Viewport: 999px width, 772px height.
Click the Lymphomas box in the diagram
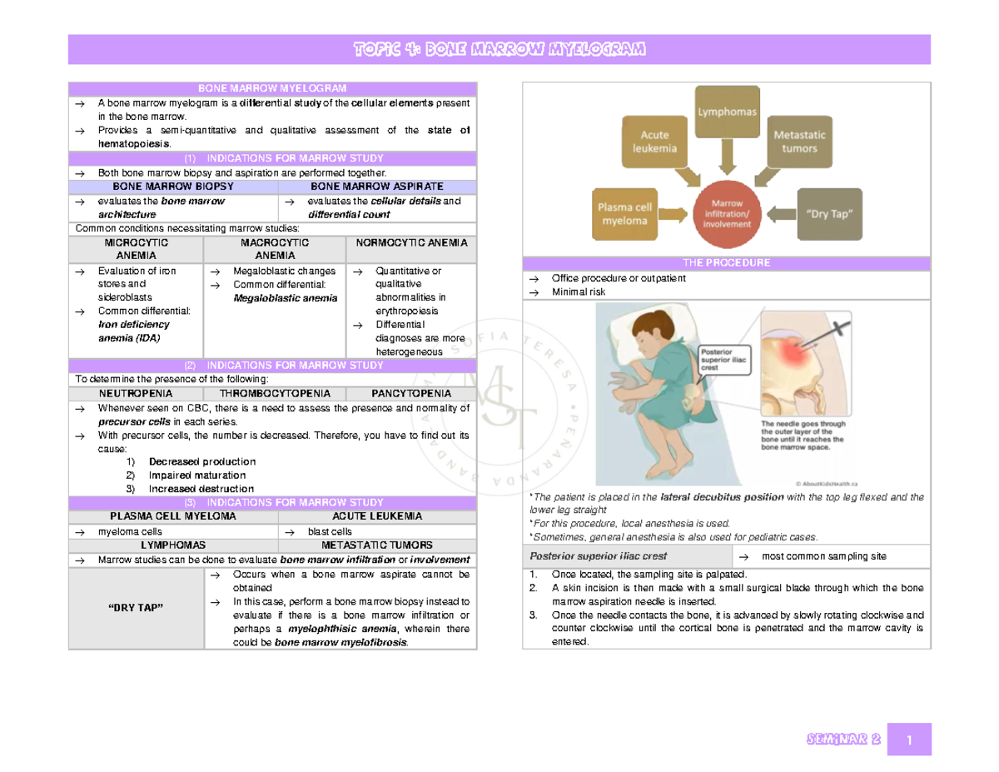(x=727, y=112)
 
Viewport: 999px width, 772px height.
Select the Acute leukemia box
(x=654, y=142)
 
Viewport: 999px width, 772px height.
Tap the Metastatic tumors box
(x=799, y=142)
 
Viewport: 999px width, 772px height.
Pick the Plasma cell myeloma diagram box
(x=624, y=214)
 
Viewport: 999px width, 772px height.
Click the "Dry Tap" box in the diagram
(x=829, y=214)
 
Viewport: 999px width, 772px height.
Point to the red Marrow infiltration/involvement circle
(x=727, y=214)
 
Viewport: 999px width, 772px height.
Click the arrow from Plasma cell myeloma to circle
(x=673, y=214)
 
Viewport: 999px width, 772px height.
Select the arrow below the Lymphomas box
(x=727, y=157)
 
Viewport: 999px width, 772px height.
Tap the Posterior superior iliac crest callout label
(x=724, y=360)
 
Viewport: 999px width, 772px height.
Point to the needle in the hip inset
(x=824, y=337)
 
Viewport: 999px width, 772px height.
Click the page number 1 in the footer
(x=909, y=740)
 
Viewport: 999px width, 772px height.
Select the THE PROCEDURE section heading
(x=727, y=263)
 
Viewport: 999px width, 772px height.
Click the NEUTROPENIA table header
(x=136, y=394)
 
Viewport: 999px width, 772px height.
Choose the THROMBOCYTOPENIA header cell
(x=275, y=394)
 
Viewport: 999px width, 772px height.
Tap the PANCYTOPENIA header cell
(x=411, y=394)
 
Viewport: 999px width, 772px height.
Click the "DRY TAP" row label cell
(x=136, y=608)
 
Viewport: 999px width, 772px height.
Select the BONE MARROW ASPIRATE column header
(x=377, y=187)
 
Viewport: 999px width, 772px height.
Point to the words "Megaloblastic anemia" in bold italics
(x=285, y=298)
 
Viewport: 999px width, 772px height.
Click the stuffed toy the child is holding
(x=626, y=391)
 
